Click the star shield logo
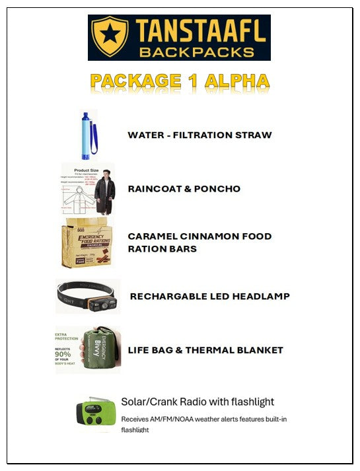[x=110, y=37]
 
